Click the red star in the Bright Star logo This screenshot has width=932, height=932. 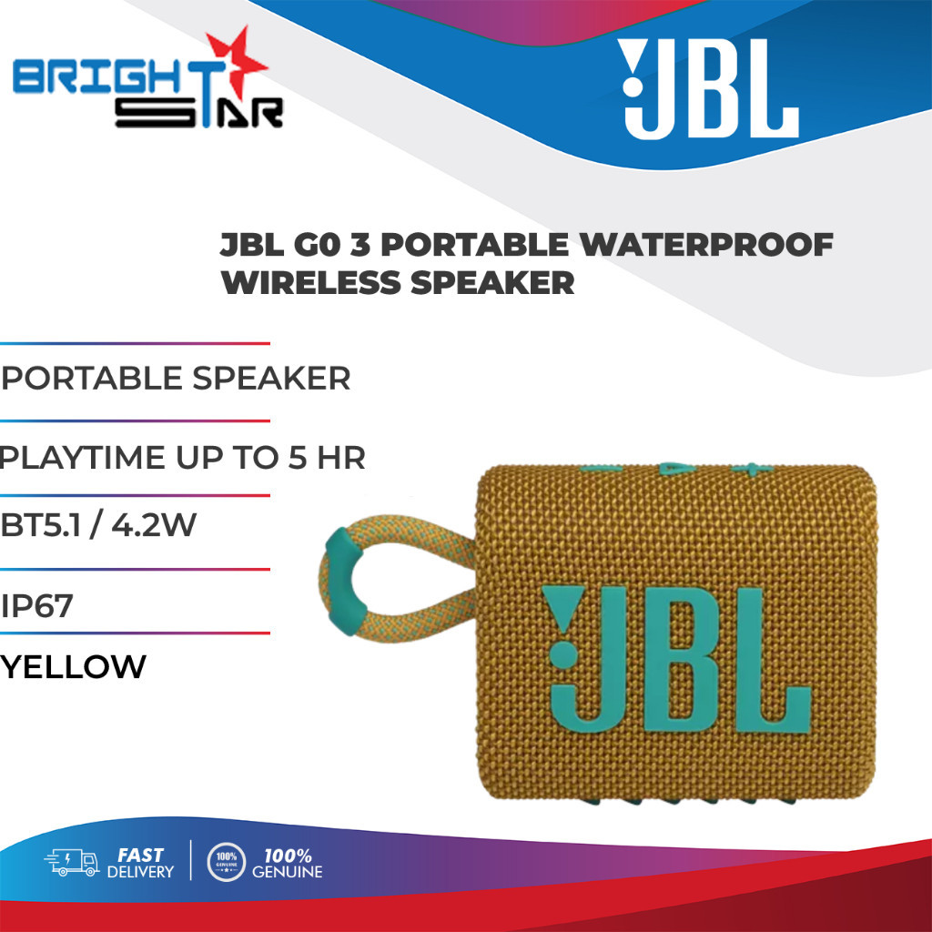pos(236,63)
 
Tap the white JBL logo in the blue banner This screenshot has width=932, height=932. pos(707,89)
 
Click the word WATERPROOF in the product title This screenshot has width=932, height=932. pos(706,244)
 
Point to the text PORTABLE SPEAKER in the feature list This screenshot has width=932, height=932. pos(176,378)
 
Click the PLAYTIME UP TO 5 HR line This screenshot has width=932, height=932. pos(182,457)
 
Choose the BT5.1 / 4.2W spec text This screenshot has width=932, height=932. pos(98,525)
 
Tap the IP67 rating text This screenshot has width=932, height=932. pos(36,605)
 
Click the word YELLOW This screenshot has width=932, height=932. pos(73,666)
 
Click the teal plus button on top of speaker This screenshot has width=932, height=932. pos(752,470)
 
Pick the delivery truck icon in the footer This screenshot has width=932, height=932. pos(72,862)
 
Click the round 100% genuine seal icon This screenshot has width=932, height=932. pos(226,862)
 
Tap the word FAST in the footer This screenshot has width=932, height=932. pos(140,855)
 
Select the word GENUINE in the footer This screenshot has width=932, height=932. pos(287,872)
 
